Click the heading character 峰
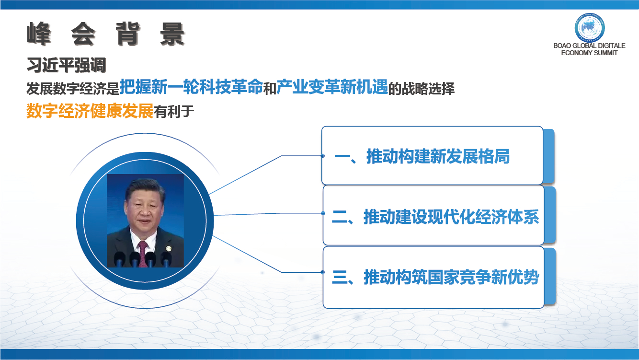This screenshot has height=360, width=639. coord(39,34)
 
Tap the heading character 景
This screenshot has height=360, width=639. coord(172,34)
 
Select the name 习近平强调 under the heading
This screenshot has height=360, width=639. coord(66,65)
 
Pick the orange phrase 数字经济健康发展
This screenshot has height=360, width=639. coord(90,111)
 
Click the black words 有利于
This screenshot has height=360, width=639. coord(174,111)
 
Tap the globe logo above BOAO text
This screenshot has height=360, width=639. coord(590,28)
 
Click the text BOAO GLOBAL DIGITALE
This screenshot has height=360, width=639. coord(589,46)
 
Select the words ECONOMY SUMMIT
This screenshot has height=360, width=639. coord(589,53)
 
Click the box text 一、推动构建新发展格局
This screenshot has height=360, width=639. coord(422,156)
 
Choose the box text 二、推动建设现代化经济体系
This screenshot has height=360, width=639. coord(435,217)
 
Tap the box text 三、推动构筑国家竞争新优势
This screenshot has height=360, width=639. coord(435,277)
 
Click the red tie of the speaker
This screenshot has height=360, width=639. coord(143,254)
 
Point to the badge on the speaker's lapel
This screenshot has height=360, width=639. coord(169,248)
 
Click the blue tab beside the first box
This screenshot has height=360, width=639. coord(549,156)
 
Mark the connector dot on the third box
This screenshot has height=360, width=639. coord(323,272)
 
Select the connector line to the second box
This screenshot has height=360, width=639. coord(268,214)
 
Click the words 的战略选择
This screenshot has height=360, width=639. coord(422,89)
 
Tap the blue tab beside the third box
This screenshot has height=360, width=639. coord(550,276)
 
